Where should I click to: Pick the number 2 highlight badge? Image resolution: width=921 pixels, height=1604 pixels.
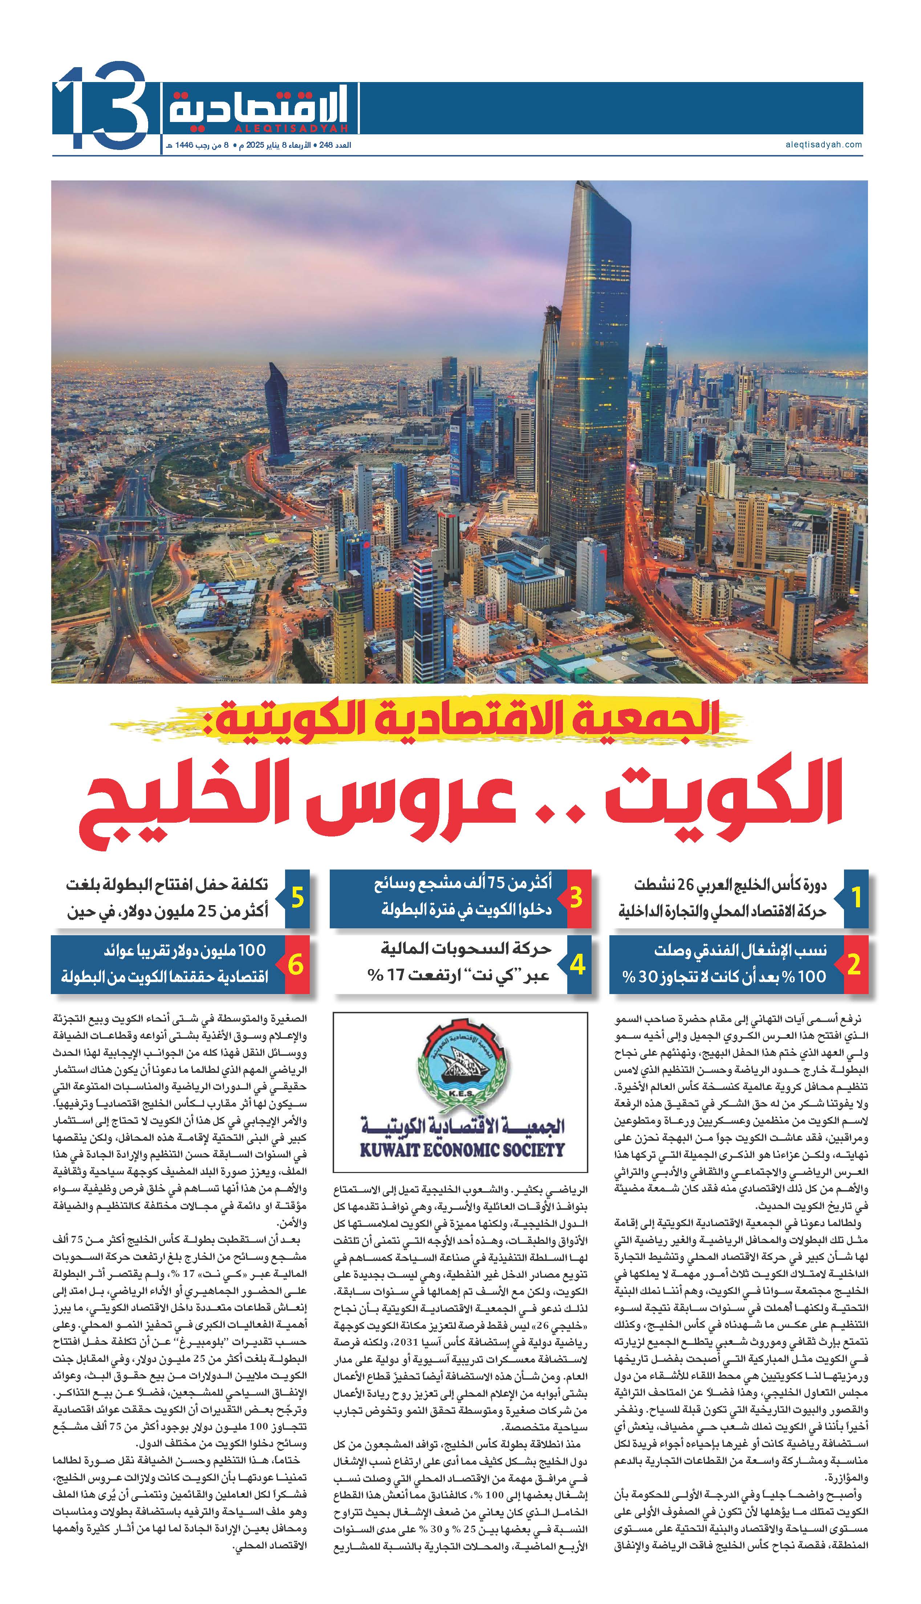pyautogui.click(x=854, y=965)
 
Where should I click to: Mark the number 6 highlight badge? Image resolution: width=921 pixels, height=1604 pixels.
pyautogui.click(x=296, y=965)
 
